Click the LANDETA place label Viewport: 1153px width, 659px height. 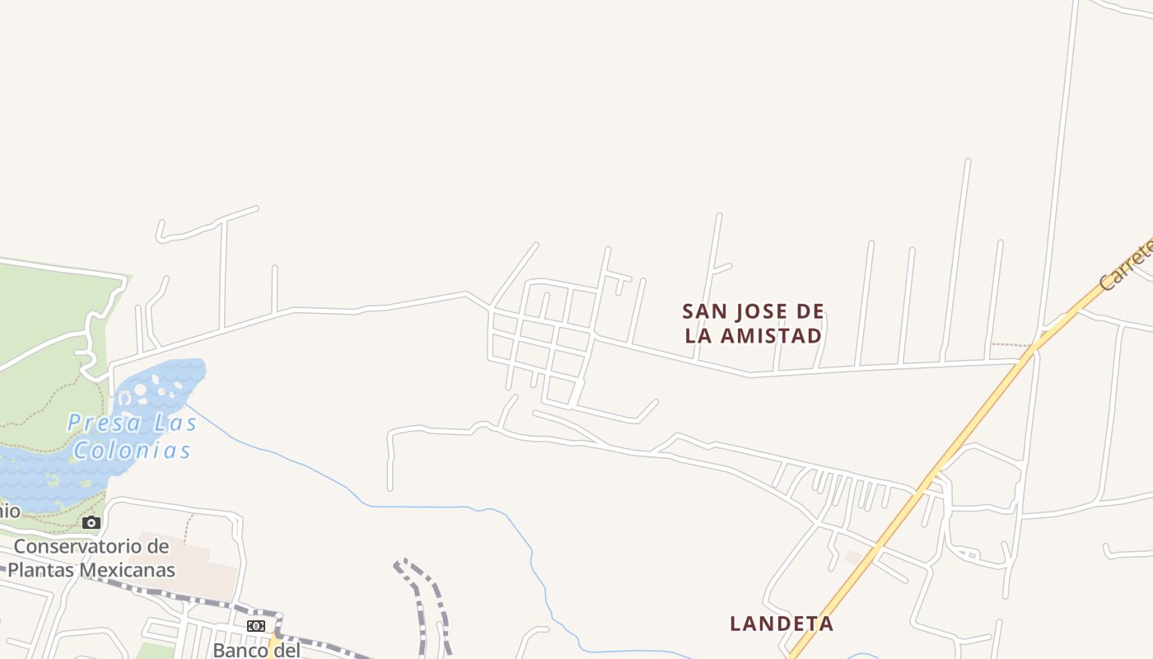click(x=782, y=624)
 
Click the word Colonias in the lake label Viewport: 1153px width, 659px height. click(x=132, y=451)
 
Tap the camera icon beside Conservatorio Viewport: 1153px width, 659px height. click(x=91, y=522)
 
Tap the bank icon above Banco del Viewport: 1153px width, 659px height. click(x=256, y=626)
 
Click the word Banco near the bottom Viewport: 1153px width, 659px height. click(x=241, y=650)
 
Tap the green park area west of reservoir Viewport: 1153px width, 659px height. click(x=49, y=305)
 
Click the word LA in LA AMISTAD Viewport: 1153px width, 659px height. click(x=699, y=336)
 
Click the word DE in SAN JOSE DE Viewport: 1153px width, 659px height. click(x=811, y=311)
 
